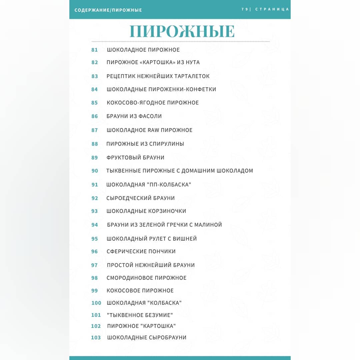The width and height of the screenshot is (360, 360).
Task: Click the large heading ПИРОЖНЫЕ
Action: click(x=182, y=31)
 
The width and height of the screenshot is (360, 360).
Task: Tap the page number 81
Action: click(x=95, y=50)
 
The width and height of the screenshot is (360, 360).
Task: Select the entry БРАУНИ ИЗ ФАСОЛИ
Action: click(x=134, y=116)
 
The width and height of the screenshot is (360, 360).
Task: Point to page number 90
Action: click(x=95, y=171)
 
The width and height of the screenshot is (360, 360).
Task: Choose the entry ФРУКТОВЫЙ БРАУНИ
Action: click(x=135, y=157)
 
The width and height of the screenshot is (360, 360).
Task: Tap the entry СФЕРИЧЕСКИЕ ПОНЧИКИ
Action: click(x=141, y=251)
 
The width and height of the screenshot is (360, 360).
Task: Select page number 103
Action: click(x=96, y=337)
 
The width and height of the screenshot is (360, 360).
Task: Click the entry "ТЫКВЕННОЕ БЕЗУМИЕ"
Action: click(x=140, y=315)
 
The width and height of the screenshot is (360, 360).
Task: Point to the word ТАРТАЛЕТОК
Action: click(x=192, y=76)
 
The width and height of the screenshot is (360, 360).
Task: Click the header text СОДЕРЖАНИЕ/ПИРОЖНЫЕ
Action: click(x=108, y=10)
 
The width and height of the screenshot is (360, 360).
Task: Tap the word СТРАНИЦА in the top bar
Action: click(x=272, y=9)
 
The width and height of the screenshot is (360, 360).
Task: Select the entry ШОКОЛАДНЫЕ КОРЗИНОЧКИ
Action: click(x=146, y=211)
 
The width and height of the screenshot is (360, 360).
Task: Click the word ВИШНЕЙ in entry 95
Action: click(x=185, y=239)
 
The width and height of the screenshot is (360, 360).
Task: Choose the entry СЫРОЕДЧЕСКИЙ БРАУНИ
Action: click(x=140, y=198)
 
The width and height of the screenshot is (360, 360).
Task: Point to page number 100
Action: click(x=96, y=303)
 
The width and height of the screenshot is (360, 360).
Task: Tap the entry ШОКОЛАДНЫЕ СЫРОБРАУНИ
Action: click(x=147, y=337)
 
